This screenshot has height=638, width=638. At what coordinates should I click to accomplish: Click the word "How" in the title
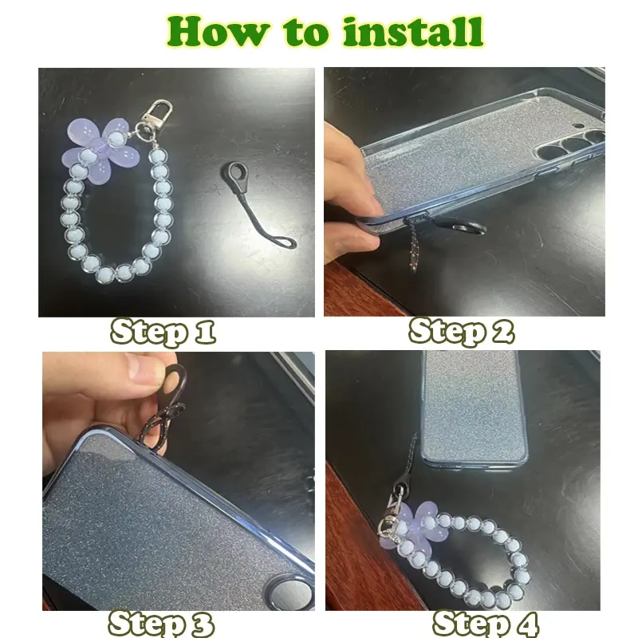[x=218, y=31]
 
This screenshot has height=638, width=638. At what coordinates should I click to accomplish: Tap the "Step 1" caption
[x=163, y=332]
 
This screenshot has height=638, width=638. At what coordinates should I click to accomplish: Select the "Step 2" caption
[x=462, y=331]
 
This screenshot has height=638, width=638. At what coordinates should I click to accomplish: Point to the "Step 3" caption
[x=161, y=623]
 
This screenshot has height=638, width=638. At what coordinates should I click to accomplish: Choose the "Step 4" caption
[x=486, y=623]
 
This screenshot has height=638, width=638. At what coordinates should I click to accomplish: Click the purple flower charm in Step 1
[x=101, y=151]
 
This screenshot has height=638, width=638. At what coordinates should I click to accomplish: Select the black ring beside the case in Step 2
[x=469, y=228]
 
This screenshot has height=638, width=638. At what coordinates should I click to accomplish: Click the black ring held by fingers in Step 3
[x=175, y=378]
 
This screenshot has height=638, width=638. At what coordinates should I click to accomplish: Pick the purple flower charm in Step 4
[x=409, y=525]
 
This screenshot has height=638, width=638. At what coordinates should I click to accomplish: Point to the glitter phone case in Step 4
[x=475, y=409]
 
